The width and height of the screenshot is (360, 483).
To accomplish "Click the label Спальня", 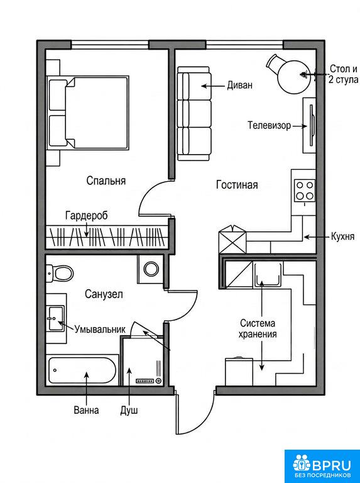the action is [x=106, y=180].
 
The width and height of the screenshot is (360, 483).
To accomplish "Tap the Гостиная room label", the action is [x=237, y=184].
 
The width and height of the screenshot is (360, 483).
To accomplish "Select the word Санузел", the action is [x=104, y=294].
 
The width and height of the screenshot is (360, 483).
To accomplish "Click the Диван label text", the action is [x=240, y=85].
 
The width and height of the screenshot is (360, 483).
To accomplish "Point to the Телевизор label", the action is [x=270, y=125].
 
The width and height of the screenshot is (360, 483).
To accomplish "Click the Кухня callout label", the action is [x=342, y=236].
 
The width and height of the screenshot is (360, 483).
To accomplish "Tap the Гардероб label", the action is [x=87, y=215].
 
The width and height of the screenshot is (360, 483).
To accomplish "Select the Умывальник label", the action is [x=100, y=329].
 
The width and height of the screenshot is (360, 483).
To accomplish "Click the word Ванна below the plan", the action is [x=86, y=410].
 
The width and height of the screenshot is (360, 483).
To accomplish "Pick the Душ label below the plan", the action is [x=129, y=410].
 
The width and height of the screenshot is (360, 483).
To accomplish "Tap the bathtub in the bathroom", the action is [x=82, y=370].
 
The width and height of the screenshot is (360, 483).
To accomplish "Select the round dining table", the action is [x=293, y=77].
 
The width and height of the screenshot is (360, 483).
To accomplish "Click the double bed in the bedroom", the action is [x=88, y=113].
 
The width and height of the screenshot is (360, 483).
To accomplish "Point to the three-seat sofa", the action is [x=194, y=113].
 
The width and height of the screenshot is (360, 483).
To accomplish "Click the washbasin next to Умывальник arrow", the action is [x=55, y=318].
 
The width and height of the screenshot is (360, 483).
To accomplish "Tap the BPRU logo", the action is [x=322, y=466].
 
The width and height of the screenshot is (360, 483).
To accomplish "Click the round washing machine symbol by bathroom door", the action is [x=151, y=269].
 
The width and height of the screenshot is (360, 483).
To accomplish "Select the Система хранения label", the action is [x=258, y=328].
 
